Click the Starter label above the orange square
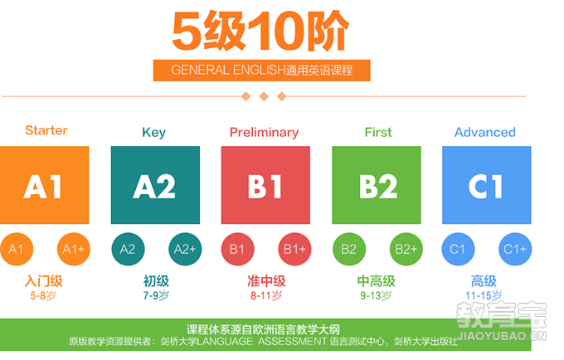46,130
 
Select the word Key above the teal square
154,133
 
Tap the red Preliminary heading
264,133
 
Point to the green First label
378,132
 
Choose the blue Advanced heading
485,132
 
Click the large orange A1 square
44,185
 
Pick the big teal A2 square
155,185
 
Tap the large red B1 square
265,185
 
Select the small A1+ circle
73,249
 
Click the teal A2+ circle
185,249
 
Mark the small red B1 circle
237,249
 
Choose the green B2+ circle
406,249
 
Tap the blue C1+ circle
515,249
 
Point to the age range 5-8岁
43,295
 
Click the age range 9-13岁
376,295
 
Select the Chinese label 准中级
266,281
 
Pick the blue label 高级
484,281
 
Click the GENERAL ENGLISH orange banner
261,71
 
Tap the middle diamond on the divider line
264,96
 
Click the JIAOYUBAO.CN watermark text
502,336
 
